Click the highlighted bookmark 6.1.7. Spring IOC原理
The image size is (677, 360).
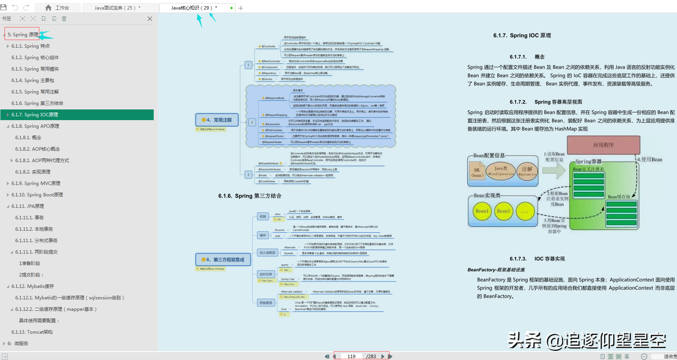point(35,115)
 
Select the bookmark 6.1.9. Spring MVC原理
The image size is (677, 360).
point(36,183)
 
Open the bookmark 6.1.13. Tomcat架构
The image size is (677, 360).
point(32,332)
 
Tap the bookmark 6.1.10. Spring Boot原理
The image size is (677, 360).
point(37,195)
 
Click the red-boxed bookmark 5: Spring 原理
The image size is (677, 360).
point(23,35)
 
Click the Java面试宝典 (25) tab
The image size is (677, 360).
point(117,8)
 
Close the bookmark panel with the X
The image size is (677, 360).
point(150,19)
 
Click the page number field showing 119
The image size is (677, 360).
point(351,356)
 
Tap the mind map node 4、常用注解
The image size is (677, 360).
point(217,120)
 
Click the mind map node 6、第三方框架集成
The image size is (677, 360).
point(223,260)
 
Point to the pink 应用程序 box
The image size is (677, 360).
point(603,145)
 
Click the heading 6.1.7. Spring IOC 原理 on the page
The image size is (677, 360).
point(522,35)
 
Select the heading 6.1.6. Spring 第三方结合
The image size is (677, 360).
point(250,196)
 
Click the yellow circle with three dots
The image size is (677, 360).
point(525,212)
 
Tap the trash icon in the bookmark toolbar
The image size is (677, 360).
point(64,19)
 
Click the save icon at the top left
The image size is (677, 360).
point(3,7)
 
